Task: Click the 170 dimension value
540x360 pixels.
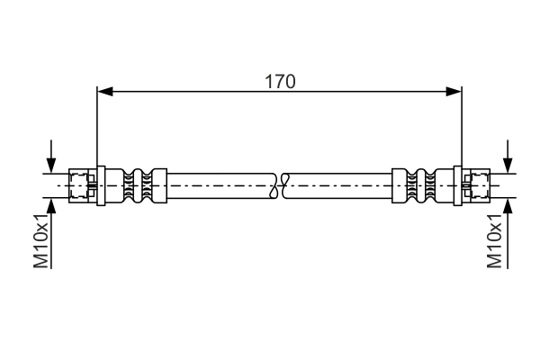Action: (x=280, y=82)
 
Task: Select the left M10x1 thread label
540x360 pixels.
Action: (x=41, y=240)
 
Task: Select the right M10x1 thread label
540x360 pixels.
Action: (x=494, y=240)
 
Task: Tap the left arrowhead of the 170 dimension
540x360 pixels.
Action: (x=105, y=92)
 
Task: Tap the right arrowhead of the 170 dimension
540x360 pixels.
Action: (x=454, y=92)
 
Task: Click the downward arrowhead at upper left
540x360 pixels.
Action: (x=51, y=166)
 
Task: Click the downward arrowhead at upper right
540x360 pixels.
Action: (x=508, y=166)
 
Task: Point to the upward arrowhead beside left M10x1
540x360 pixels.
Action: (x=51, y=206)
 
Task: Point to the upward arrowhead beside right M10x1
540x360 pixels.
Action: (x=508, y=206)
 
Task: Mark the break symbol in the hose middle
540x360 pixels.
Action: (x=280, y=185)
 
